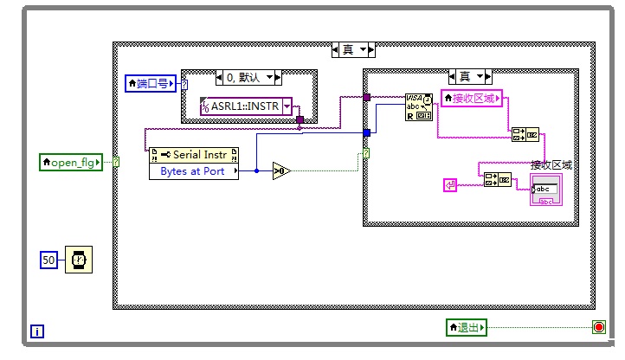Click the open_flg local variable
click(x=71, y=162)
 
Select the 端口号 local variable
click(x=151, y=83)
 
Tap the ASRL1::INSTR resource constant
click(x=246, y=106)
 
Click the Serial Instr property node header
click(x=194, y=155)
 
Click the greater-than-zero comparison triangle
click(x=281, y=171)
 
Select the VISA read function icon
click(x=418, y=107)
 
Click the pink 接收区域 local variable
click(x=472, y=98)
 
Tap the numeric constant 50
click(x=48, y=260)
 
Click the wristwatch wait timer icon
click(x=79, y=260)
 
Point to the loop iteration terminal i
click(x=37, y=331)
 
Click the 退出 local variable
click(x=467, y=327)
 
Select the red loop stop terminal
click(x=599, y=327)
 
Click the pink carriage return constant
click(x=450, y=185)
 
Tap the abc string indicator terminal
click(x=546, y=190)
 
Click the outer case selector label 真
click(x=353, y=50)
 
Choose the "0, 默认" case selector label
click(x=248, y=77)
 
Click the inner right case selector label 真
click(x=470, y=76)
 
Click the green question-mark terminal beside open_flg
click(x=116, y=162)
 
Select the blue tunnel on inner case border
click(x=367, y=132)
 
